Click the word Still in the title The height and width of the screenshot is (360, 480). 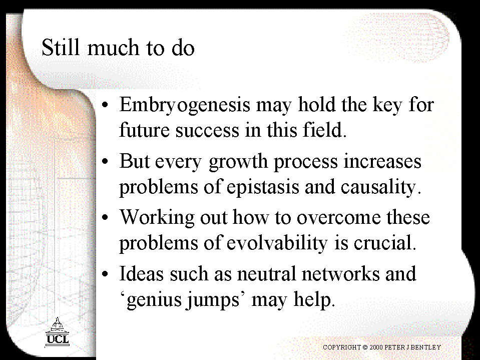click(x=60, y=47)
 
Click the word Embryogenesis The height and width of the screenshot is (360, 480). click(x=185, y=105)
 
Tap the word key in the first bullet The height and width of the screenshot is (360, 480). click(x=387, y=105)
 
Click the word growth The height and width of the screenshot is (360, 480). click(x=238, y=162)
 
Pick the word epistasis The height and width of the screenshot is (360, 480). click(x=263, y=187)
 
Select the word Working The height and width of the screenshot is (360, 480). click(x=157, y=218)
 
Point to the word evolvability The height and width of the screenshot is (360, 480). click(x=277, y=243)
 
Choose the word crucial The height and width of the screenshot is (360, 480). click(x=385, y=242)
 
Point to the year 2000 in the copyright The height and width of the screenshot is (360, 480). click(x=376, y=347)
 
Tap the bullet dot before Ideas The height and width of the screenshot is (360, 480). click(x=105, y=274)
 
